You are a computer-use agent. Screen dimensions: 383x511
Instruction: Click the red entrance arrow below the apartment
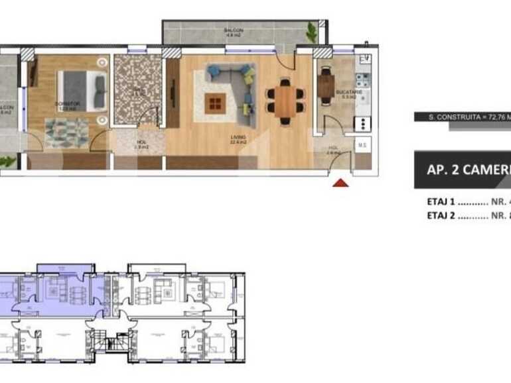340,183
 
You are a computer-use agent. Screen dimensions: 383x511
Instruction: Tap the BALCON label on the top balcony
234,30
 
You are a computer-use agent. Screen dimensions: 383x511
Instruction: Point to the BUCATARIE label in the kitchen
348,94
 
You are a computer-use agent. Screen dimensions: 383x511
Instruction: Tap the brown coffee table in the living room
215,103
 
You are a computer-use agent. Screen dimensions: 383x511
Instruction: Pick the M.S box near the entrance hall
362,145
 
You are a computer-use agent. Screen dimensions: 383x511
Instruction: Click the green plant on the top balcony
311,30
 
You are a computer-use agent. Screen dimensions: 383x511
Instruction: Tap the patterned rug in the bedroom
66,132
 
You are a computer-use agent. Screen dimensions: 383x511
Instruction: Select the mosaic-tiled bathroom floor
137,89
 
